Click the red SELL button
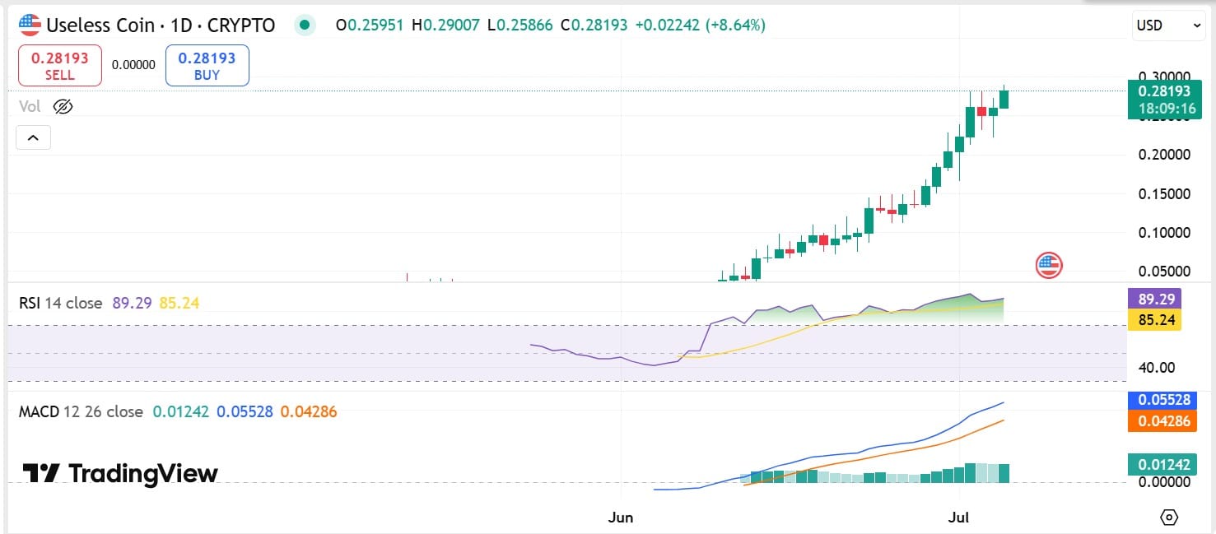[59, 66]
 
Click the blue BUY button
[207, 66]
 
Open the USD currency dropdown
[1168, 26]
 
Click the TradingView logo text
[120, 473]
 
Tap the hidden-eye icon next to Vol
[63, 106]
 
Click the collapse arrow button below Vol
[33, 137]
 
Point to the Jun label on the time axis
[620, 517]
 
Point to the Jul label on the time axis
[958, 517]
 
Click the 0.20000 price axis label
[1164, 155]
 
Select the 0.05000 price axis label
[1164, 272]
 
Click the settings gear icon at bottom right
[1169, 517]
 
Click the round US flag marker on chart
[1048, 265]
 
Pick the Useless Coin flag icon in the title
[30, 26]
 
